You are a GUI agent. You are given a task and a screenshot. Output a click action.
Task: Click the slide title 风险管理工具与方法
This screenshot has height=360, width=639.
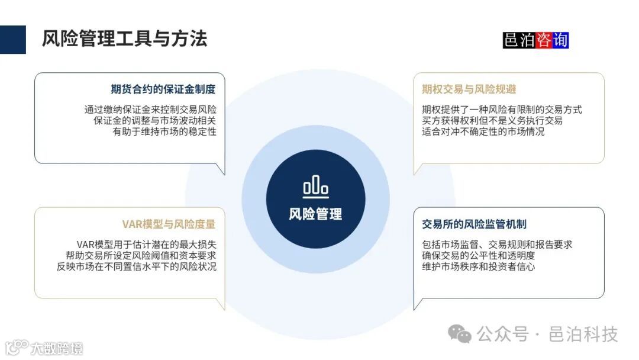pyautogui.click(x=124, y=39)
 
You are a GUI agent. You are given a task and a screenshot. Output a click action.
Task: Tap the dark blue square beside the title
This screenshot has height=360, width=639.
pyautogui.click(x=13, y=40)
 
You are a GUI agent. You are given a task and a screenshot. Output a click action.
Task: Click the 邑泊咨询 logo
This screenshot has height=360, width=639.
pyautogui.click(x=535, y=40)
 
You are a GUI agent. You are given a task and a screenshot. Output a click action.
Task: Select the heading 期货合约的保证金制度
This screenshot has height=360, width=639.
pyautogui.click(x=163, y=89)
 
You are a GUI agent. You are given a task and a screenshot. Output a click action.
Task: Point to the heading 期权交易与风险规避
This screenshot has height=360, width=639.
pyautogui.click(x=469, y=89)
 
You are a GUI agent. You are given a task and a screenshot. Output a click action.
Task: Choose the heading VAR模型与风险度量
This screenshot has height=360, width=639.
pyautogui.click(x=169, y=224)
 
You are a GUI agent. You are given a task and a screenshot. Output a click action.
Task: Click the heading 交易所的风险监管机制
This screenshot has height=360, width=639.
pyautogui.click(x=475, y=224)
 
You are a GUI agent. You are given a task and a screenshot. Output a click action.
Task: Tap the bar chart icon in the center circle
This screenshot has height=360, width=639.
pyautogui.click(x=315, y=187)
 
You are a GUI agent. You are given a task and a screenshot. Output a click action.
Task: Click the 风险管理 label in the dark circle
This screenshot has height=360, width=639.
pyautogui.click(x=315, y=214)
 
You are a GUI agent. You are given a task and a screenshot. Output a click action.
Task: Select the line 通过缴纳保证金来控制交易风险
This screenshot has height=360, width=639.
pyautogui.click(x=150, y=110)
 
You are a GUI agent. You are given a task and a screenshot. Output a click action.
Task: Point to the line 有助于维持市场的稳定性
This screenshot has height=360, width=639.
pyautogui.click(x=164, y=131)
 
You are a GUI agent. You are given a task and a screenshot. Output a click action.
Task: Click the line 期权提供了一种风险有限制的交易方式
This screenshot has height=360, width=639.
pyautogui.click(x=502, y=110)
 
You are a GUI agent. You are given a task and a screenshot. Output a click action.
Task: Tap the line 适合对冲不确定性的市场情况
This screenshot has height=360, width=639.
pyautogui.click(x=483, y=131)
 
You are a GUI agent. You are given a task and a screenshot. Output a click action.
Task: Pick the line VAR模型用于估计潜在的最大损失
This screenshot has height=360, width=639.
pyautogui.click(x=146, y=244)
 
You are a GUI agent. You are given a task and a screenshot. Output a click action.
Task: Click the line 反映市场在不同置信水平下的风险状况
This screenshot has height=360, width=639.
pyautogui.click(x=133, y=266)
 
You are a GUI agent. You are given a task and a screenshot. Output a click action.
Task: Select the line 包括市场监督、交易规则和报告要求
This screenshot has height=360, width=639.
pyautogui.click(x=497, y=244)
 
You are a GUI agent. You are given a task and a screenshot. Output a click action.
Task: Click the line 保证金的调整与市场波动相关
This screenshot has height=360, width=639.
pyautogui.click(x=155, y=121)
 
